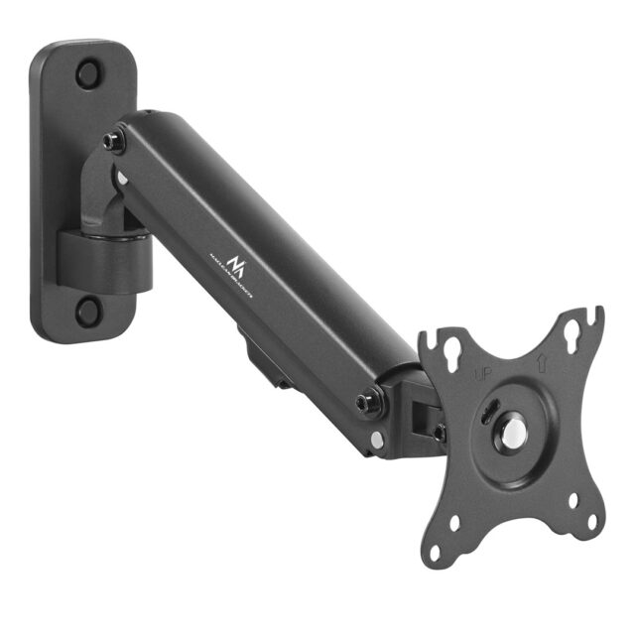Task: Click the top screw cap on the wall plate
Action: (x=88, y=72)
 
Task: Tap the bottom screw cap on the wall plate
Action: (x=88, y=311)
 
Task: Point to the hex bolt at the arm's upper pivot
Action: (x=113, y=143)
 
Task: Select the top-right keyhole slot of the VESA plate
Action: (x=573, y=334)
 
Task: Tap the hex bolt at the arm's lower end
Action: (x=371, y=402)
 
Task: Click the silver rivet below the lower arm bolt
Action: (x=377, y=437)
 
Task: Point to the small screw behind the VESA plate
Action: (x=439, y=432)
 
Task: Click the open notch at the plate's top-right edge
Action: (x=596, y=317)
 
